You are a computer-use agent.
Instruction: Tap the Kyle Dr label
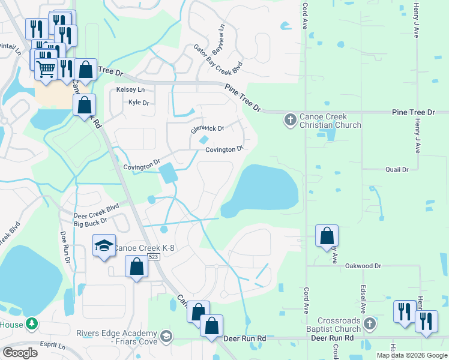pyautogui.click(x=138, y=103)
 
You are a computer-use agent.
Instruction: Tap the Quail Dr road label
pyautogui.click(x=397, y=170)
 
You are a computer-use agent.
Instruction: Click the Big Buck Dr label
pyautogui.click(x=90, y=224)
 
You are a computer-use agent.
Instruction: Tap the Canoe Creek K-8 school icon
pyautogui.click(x=104, y=245)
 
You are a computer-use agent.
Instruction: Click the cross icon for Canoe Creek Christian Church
pyautogui.click(x=290, y=119)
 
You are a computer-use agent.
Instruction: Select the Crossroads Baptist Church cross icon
pyautogui.click(x=369, y=323)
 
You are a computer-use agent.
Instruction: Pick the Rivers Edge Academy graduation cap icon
pyautogui.click(x=166, y=335)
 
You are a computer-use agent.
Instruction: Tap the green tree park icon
pyautogui.click(x=31, y=325)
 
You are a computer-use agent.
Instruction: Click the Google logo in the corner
pyautogui.click(x=20, y=353)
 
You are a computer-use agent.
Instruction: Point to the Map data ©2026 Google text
pyautogui.click(x=411, y=355)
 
